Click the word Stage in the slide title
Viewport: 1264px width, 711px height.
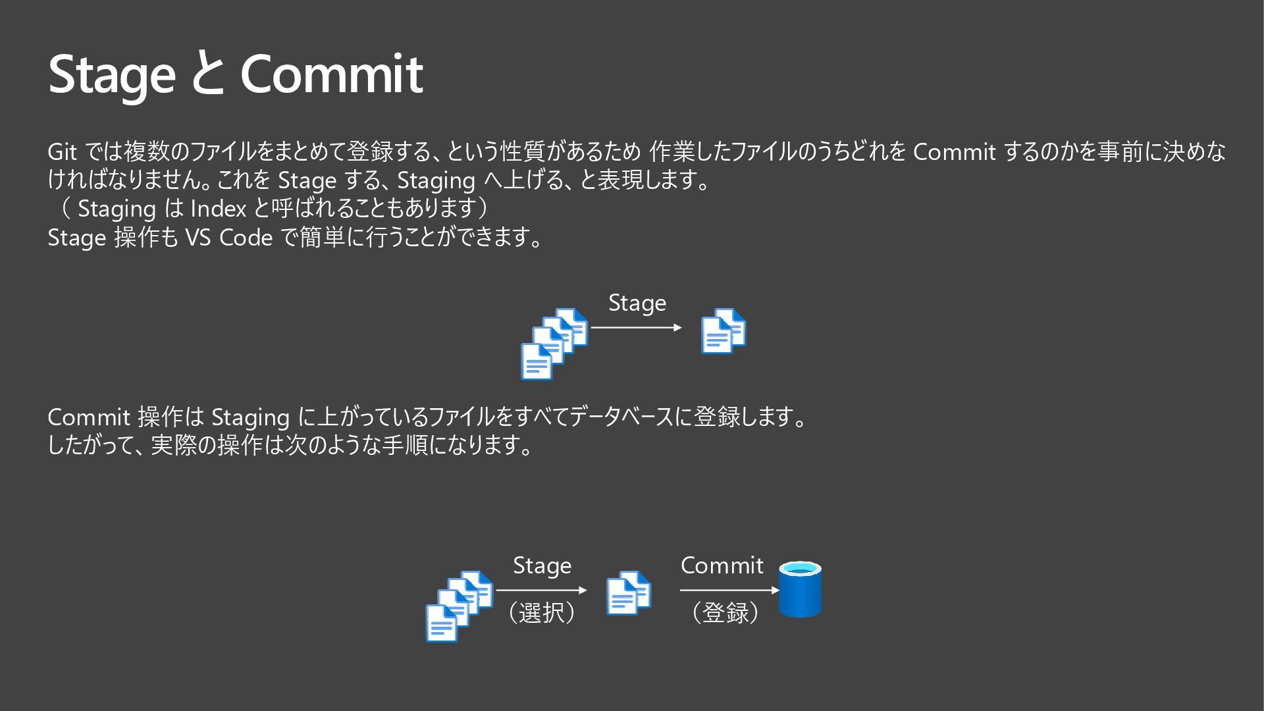[x=112, y=74]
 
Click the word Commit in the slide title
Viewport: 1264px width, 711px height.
[x=331, y=74]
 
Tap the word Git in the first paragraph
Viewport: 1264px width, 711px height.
[x=63, y=152]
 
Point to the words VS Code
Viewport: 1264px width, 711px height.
[x=228, y=237]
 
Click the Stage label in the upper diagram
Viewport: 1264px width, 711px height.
[x=637, y=303]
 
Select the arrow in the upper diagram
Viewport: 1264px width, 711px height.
[x=636, y=327]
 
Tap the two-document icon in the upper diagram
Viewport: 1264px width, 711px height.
[x=724, y=331]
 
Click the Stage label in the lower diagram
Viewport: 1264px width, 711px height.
[x=542, y=566]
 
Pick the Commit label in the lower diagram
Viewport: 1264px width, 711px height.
[x=722, y=566]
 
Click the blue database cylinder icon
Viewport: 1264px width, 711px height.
[x=800, y=589]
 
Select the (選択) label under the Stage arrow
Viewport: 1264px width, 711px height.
[x=542, y=613]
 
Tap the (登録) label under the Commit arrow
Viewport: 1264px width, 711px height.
[x=725, y=613]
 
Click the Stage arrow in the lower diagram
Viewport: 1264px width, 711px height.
[x=541, y=591]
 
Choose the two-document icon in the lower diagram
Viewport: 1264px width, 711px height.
[x=629, y=593]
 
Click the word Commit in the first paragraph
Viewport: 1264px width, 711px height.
[x=954, y=152]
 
